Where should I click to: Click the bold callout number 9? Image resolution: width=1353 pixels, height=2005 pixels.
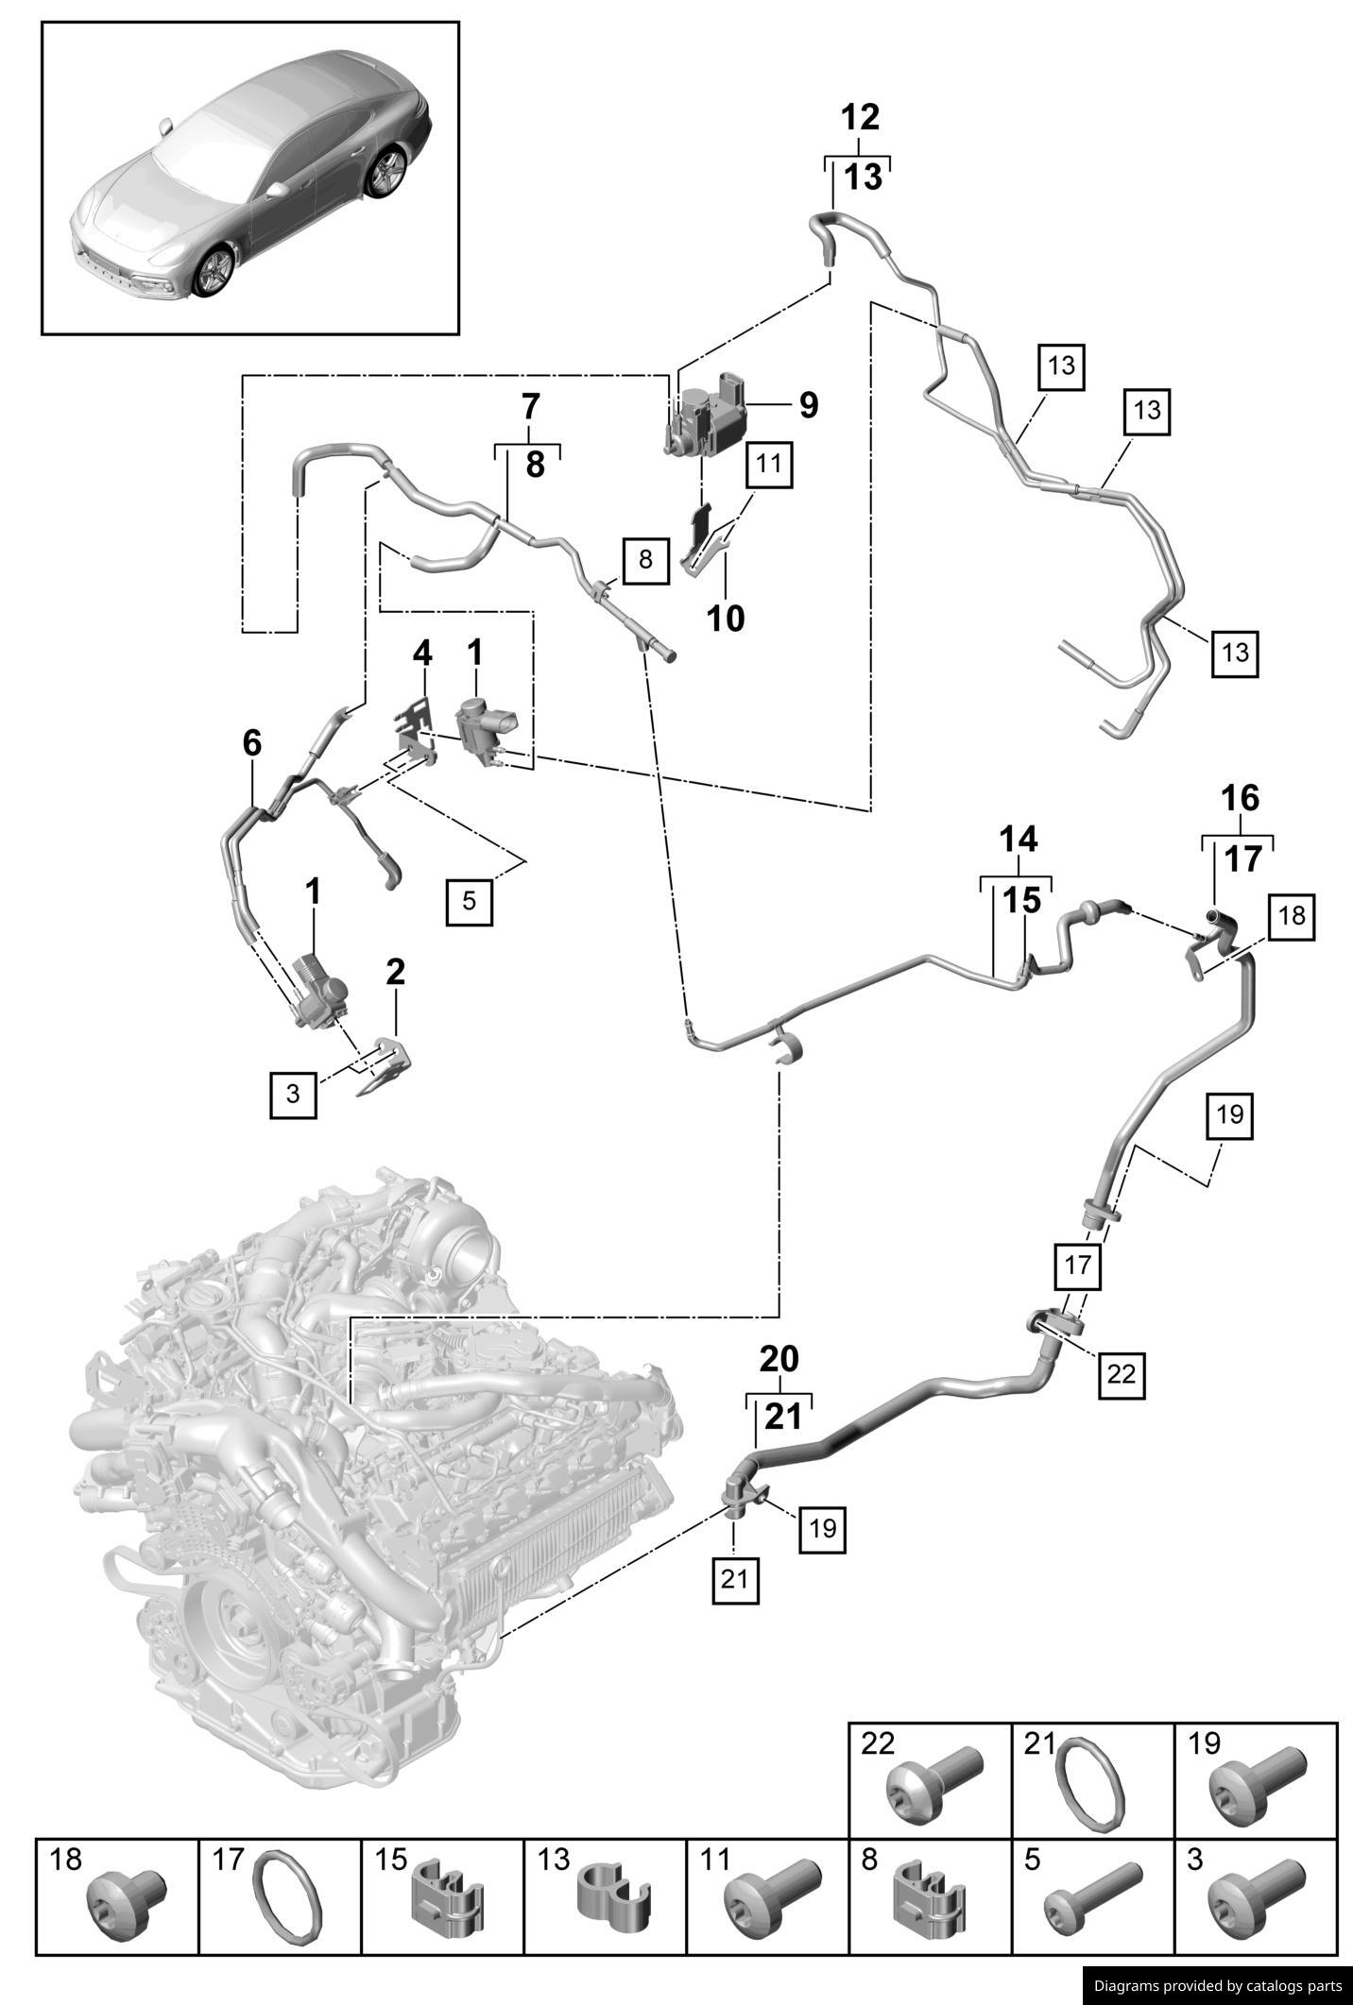click(x=808, y=405)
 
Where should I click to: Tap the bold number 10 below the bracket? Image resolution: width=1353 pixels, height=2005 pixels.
click(x=727, y=619)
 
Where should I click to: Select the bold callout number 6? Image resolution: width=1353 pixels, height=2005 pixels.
click(x=252, y=743)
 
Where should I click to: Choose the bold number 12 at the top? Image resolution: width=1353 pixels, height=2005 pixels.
click(x=860, y=117)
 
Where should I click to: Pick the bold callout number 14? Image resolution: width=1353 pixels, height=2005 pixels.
click(x=1019, y=839)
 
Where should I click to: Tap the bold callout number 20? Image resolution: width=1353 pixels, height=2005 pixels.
click(x=779, y=1359)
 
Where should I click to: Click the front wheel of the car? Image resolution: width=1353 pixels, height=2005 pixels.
click(x=214, y=269)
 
